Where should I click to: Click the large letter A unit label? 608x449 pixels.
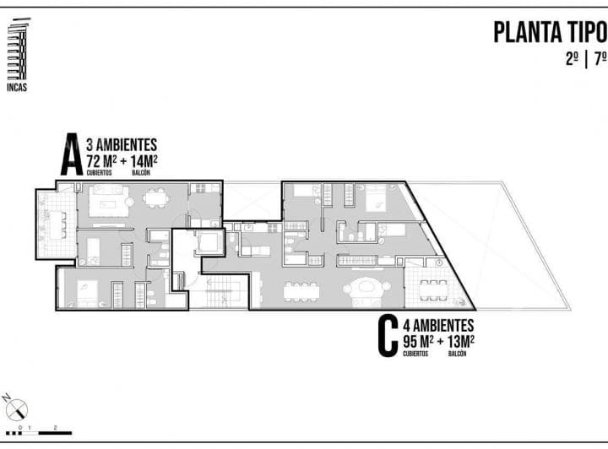[71, 155]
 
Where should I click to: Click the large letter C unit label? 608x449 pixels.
[388, 338]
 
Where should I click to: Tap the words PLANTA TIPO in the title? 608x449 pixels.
[549, 33]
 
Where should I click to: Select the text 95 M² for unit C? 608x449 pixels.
[420, 341]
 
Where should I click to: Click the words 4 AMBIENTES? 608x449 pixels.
[438, 325]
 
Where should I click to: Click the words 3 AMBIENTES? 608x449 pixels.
[122, 145]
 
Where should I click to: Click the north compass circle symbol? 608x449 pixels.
[18, 410]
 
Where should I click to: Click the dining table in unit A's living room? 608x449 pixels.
[155, 198]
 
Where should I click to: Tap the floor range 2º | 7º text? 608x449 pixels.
[586, 60]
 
